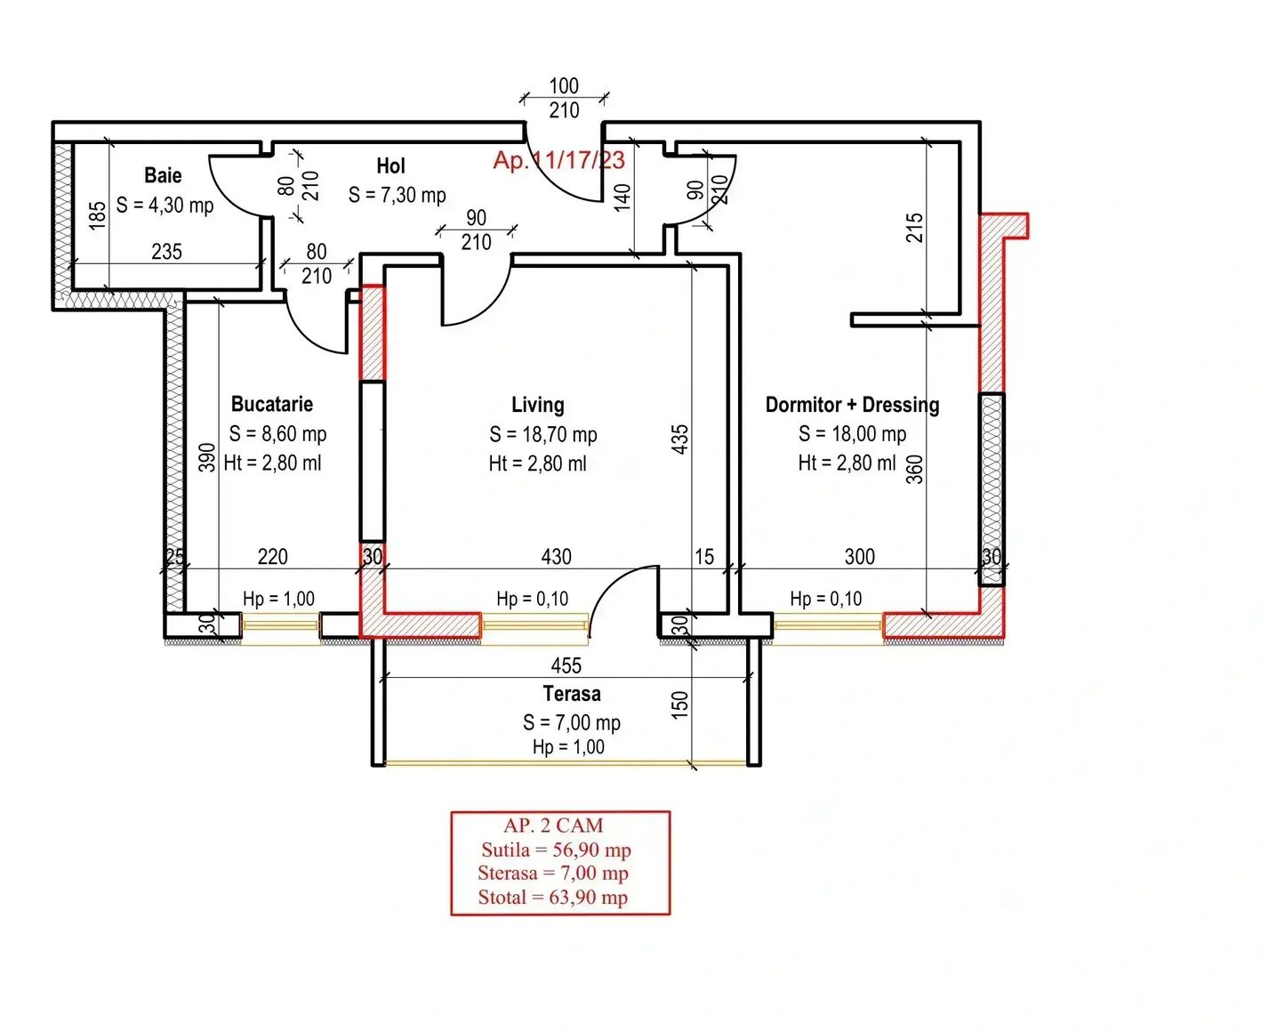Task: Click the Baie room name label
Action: (x=163, y=175)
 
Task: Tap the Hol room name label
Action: (x=390, y=165)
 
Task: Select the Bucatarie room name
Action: (x=272, y=404)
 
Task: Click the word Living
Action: (x=537, y=405)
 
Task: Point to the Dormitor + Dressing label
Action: (x=852, y=405)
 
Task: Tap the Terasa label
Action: (x=572, y=694)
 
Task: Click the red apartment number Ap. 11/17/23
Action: (x=559, y=160)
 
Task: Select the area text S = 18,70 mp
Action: (x=542, y=435)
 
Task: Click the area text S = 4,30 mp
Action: (x=165, y=205)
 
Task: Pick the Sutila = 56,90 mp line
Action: (x=556, y=850)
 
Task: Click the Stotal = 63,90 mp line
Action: (x=553, y=897)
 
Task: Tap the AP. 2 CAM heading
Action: (x=554, y=826)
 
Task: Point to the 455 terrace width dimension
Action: (x=566, y=665)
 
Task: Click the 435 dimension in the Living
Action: (x=680, y=439)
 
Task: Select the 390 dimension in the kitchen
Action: (x=207, y=457)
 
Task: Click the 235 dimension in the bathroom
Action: (x=166, y=252)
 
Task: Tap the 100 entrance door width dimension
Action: (x=564, y=86)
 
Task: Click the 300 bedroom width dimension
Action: (x=859, y=557)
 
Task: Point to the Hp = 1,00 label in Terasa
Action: (x=568, y=747)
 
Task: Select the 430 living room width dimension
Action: (x=556, y=557)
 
